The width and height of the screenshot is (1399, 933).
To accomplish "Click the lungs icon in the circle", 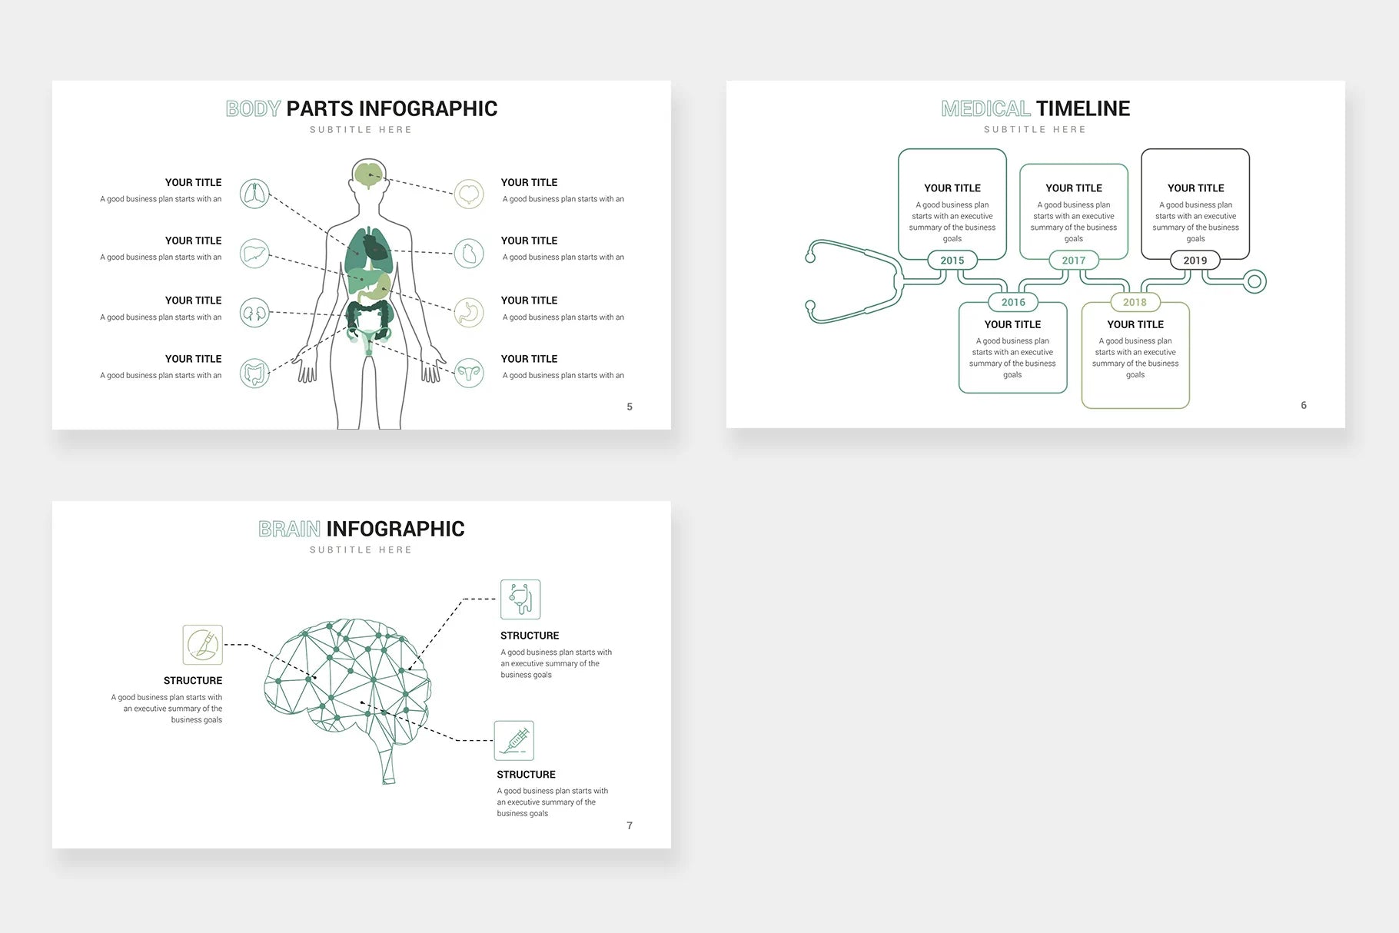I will pyautogui.click(x=254, y=194).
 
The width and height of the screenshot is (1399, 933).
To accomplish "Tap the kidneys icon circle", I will pyautogui.click(x=254, y=313).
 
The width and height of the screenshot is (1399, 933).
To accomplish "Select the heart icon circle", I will pyautogui.click(x=469, y=253).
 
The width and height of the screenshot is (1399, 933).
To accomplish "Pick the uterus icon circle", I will pyautogui.click(x=469, y=374).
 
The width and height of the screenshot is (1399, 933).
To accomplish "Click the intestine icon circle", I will pyautogui.click(x=254, y=374).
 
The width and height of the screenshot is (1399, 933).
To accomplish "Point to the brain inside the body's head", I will pyautogui.click(x=369, y=174).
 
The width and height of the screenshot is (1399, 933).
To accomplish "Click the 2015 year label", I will pyautogui.click(x=952, y=261).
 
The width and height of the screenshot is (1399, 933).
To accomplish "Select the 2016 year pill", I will pyautogui.click(x=1013, y=302).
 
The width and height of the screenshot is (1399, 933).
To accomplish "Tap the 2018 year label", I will pyautogui.click(x=1135, y=302).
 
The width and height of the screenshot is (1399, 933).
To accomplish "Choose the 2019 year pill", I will pyautogui.click(x=1195, y=261).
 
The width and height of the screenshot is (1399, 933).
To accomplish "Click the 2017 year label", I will pyautogui.click(x=1073, y=261).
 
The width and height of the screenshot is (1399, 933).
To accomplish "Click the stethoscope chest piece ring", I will pyautogui.click(x=1254, y=282).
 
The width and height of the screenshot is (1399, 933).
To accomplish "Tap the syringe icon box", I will pyautogui.click(x=514, y=741).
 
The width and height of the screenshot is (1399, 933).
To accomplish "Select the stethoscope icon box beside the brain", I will pyautogui.click(x=520, y=599).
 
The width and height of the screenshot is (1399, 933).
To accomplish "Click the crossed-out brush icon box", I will pyautogui.click(x=203, y=645).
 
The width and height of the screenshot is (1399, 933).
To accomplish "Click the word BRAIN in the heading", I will pyautogui.click(x=289, y=529).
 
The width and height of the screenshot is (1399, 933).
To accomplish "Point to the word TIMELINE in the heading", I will pyautogui.click(x=1082, y=109).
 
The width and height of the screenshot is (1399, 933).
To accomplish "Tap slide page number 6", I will pyautogui.click(x=1304, y=405).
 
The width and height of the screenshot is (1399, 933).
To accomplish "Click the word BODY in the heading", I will pyautogui.click(x=253, y=109).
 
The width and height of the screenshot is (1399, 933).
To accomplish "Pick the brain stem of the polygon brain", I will pyautogui.click(x=388, y=765).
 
